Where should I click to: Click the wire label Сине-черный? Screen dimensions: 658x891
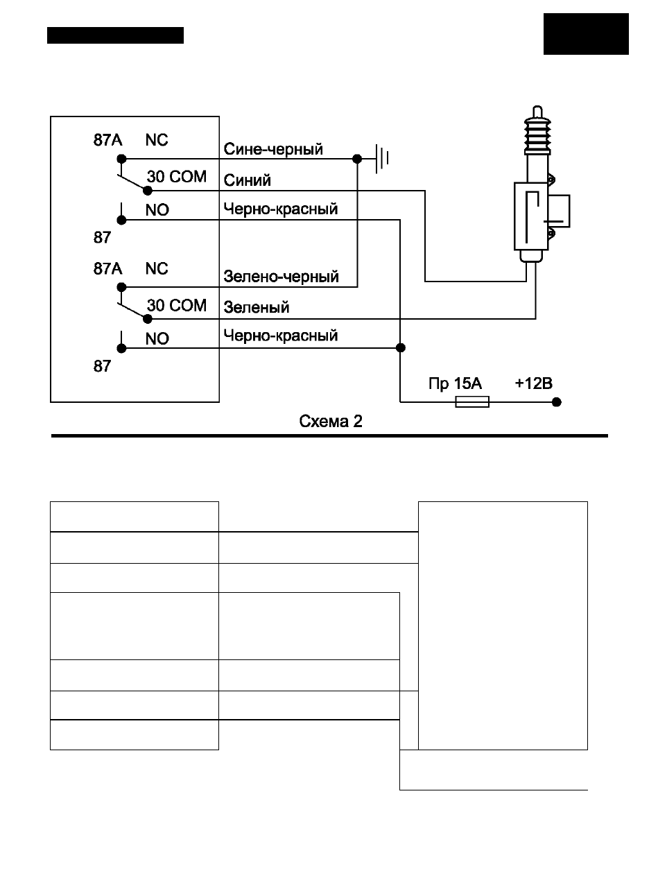coord(272,149)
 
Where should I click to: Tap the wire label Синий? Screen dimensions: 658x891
coord(247,180)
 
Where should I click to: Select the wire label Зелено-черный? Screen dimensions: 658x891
coord(281,277)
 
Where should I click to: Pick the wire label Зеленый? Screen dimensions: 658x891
coord(257,307)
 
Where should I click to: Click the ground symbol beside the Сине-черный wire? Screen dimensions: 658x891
coord(382,159)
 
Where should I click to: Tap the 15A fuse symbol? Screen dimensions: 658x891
coord(472,401)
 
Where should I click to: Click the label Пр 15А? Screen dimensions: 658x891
coord(455,383)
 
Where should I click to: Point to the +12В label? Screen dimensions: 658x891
coord(533,383)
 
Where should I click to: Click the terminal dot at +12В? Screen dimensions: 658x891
coord(556,401)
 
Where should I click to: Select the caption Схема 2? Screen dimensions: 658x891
coord(331,422)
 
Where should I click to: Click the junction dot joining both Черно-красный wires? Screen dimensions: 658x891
coord(401,348)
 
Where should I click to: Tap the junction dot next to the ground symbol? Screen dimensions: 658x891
coord(356,159)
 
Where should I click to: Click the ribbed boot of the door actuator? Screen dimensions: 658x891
coord(537,135)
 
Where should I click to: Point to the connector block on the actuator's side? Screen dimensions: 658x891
coord(559,211)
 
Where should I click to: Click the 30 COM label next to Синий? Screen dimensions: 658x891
coord(176,176)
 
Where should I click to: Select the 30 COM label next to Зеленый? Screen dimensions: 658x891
coord(176,305)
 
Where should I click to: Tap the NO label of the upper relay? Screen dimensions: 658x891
coord(157,210)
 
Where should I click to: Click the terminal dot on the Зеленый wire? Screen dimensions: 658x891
coord(148,319)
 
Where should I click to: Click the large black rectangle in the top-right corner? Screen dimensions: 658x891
coord(586,34)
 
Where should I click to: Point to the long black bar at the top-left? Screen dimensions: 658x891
coord(115,35)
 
